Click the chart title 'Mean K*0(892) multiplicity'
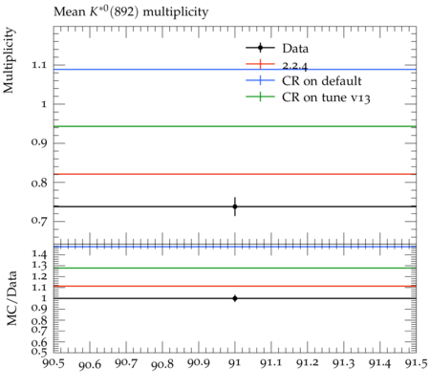point(131,11)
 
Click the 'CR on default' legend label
point(322,81)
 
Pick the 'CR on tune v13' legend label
point(326,97)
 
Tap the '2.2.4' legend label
point(295,66)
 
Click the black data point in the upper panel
point(235,206)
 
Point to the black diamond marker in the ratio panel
point(235,298)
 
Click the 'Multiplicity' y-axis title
point(9,60)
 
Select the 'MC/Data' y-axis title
point(11,298)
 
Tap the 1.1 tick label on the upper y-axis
point(38,65)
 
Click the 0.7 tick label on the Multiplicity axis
point(38,221)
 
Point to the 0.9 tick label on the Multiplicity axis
point(38,142)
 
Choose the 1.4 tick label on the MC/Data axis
point(38,254)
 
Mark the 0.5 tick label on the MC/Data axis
point(38,352)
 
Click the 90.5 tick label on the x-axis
point(54,363)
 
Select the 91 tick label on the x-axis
point(235,363)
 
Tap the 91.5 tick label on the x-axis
point(416,363)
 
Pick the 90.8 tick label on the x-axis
point(162,364)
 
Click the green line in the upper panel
point(235,126)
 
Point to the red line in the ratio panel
point(235,286)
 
